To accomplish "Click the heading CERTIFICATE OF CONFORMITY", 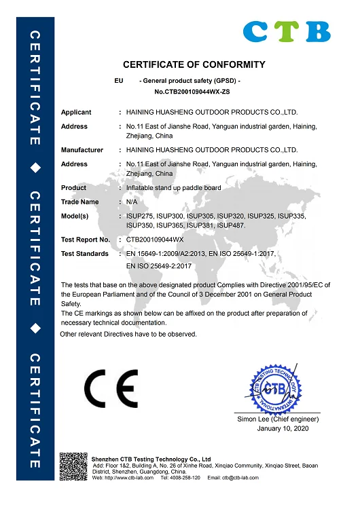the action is click(194, 65).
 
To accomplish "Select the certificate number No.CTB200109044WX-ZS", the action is click(193, 91).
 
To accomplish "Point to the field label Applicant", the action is click(76, 112).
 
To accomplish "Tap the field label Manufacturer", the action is click(82, 149).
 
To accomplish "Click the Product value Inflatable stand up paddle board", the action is click(174, 187).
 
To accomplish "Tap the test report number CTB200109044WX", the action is click(156, 240).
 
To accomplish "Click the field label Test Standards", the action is click(85, 253).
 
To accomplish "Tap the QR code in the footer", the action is click(74, 468).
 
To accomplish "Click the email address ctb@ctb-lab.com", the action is click(238, 478).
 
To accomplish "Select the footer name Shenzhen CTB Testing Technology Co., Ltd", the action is click(151, 459).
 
